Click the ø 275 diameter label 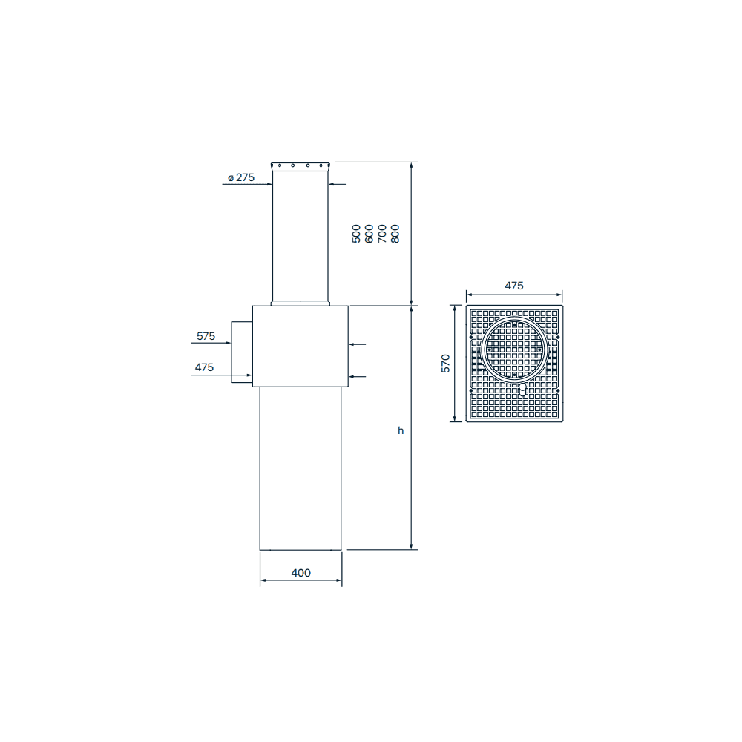click(x=241, y=177)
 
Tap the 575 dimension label click(x=206, y=336)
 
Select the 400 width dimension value click(x=301, y=573)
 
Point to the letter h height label click(x=401, y=430)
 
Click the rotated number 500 click(x=356, y=234)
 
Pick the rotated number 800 click(x=395, y=234)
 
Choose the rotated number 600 click(x=369, y=234)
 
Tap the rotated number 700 click(x=382, y=234)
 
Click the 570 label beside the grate click(x=446, y=364)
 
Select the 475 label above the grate click(x=514, y=286)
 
